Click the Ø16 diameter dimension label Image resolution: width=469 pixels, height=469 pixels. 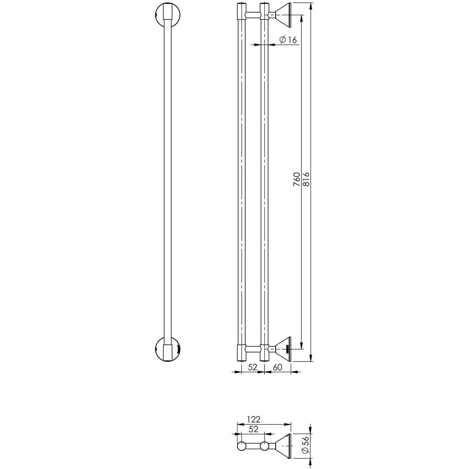pos(288,40)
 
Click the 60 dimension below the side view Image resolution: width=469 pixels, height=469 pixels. pos(277,367)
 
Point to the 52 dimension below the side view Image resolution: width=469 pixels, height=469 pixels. pos(253,367)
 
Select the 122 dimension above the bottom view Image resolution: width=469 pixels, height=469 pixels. pos(254,420)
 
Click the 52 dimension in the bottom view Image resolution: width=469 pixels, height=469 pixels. pos(253,429)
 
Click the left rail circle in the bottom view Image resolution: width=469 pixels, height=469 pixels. pos(242,446)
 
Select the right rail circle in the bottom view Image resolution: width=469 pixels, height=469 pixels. pos(264,446)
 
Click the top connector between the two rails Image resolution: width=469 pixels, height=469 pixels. pos(253,15)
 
